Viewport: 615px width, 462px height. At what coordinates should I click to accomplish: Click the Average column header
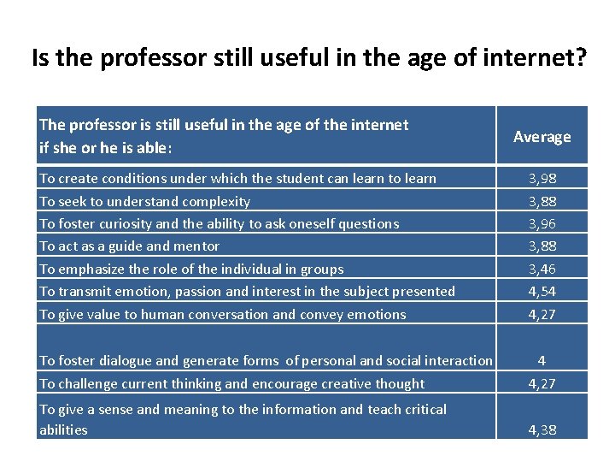point(542,137)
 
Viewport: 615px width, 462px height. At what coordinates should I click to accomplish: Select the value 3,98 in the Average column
point(542,179)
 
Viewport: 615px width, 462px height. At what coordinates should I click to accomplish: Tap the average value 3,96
point(542,224)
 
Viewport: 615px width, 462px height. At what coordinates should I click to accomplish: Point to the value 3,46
point(542,269)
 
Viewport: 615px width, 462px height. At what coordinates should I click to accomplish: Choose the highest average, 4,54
point(542,292)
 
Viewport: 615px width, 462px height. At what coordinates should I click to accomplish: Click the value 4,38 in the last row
point(542,429)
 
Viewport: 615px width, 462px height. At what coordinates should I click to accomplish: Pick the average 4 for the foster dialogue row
point(542,361)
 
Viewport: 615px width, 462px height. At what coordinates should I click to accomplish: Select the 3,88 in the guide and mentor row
point(542,246)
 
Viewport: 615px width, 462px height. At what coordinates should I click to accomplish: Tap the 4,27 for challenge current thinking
point(542,384)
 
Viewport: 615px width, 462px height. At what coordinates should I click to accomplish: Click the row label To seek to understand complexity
point(144,202)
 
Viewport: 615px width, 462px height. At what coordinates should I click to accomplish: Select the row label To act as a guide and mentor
point(129,246)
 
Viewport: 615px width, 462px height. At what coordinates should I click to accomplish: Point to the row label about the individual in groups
point(191,269)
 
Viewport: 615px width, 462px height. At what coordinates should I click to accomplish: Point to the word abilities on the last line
point(63,429)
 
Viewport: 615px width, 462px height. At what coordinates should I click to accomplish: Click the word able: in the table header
point(155,148)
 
